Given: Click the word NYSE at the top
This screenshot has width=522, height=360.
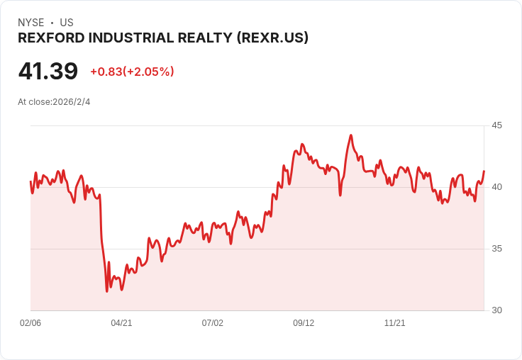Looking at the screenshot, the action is [31, 23].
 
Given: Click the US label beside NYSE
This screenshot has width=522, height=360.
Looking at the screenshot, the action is [67, 23].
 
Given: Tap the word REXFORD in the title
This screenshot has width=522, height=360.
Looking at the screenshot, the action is [51, 38].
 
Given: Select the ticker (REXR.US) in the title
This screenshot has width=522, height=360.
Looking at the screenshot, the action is [272, 38].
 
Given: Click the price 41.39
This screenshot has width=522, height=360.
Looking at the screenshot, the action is [48, 71].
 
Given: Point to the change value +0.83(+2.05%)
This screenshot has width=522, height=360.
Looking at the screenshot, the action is [132, 72].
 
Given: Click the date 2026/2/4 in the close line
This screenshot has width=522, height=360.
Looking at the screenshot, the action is [71, 102].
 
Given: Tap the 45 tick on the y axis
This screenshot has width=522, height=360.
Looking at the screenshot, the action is [496, 125].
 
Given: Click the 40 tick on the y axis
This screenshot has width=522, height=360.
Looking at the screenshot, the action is [496, 187].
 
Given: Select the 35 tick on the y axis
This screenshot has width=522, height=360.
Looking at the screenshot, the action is [496, 249].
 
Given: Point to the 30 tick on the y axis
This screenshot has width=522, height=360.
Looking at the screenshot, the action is [496, 310].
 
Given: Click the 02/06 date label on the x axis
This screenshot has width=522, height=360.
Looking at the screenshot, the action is [30, 323].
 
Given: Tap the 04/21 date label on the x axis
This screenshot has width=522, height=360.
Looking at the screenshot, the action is [121, 323].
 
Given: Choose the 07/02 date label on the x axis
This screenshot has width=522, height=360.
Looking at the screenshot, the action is [212, 323].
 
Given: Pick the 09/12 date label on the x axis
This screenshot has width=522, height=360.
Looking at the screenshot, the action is [304, 323].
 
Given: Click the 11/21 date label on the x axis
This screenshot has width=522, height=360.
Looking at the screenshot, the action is [395, 323].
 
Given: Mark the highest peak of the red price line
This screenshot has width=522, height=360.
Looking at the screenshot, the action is [351, 135].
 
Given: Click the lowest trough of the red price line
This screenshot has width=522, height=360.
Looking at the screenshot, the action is [107, 291].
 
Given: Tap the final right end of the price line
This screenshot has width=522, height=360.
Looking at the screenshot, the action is [484, 171].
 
